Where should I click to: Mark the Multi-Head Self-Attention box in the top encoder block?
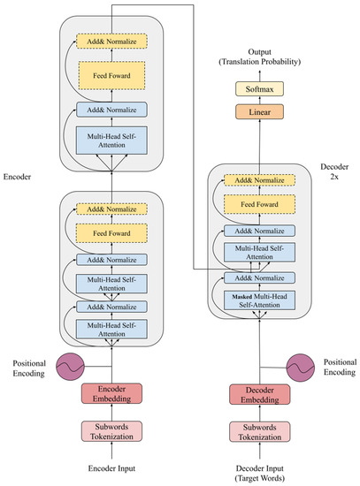[x=112, y=139]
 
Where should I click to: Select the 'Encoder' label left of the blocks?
[x=19, y=177]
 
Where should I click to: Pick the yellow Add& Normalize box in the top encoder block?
[x=112, y=40]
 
